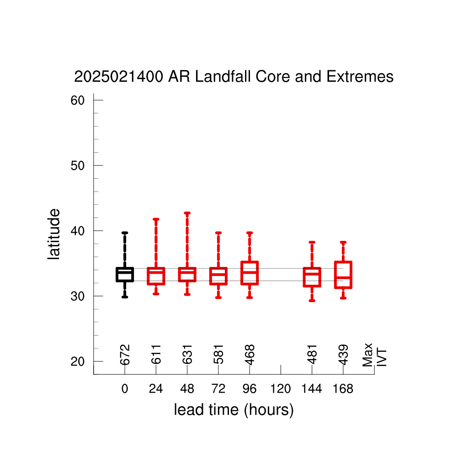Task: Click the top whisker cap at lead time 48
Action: tap(187, 213)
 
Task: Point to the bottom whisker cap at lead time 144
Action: tap(312, 301)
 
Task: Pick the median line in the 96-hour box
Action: tap(250, 272)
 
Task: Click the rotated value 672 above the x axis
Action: tap(125, 355)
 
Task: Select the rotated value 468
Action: tap(250, 355)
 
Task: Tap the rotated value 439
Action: tap(343, 355)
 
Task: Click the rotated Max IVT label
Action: tap(374, 355)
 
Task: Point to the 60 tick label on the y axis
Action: tap(78, 100)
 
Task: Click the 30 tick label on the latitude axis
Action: tap(78, 296)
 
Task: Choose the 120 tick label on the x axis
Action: tap(281, 388)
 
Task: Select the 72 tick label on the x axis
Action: tap(218, 388)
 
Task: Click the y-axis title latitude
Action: tap(54, 234)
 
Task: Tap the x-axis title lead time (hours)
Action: tap(234, 410)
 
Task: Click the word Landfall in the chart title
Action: tap(223, 76)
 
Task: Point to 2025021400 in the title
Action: tap(118, 76)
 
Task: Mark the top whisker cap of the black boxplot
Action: tap(125, 233)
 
